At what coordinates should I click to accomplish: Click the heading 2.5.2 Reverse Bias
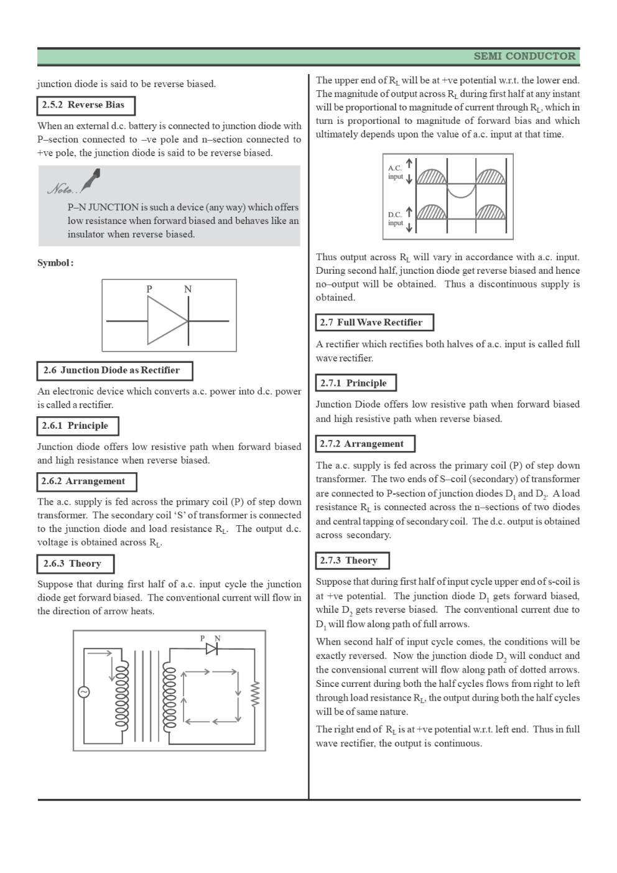point(85,105)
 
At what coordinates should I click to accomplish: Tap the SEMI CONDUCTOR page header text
point(524,57)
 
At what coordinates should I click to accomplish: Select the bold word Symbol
point(55,263)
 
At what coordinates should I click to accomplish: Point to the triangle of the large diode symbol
point(165,320)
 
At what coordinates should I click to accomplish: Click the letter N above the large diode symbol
point(187,289)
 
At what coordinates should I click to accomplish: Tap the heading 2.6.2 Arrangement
point(85,482)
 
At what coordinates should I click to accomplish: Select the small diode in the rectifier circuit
point(211,649)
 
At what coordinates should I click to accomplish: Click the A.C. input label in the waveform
point(396,172)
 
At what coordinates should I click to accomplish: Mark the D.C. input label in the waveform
point(396,218)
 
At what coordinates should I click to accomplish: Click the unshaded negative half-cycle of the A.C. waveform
point(461,190)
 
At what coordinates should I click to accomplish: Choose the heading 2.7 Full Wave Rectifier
point(374,322)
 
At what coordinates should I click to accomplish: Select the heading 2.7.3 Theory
point(351,561)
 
